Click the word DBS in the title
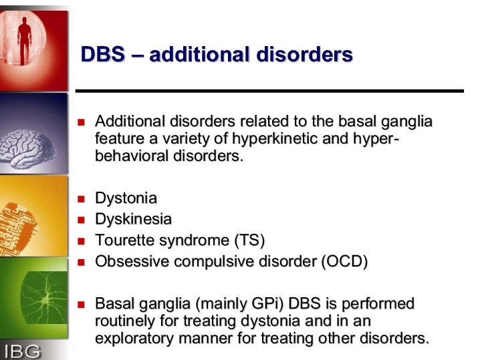[x=103, y=54]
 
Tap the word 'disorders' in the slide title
[x=305, y=54]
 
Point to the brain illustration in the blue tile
[x=27, y=149]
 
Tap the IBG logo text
[x=22, y=351]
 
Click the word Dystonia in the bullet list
[x=126, y=198]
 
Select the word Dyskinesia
[x=134, y=219]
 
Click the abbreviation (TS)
[x=249, y=240]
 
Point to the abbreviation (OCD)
[x=344, y=262]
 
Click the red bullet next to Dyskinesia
[x=81, y=220]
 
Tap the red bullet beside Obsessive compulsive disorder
[x=81, y=262]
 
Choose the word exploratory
[x=134, y=339]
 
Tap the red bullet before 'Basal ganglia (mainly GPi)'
[x=81, y=305]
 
